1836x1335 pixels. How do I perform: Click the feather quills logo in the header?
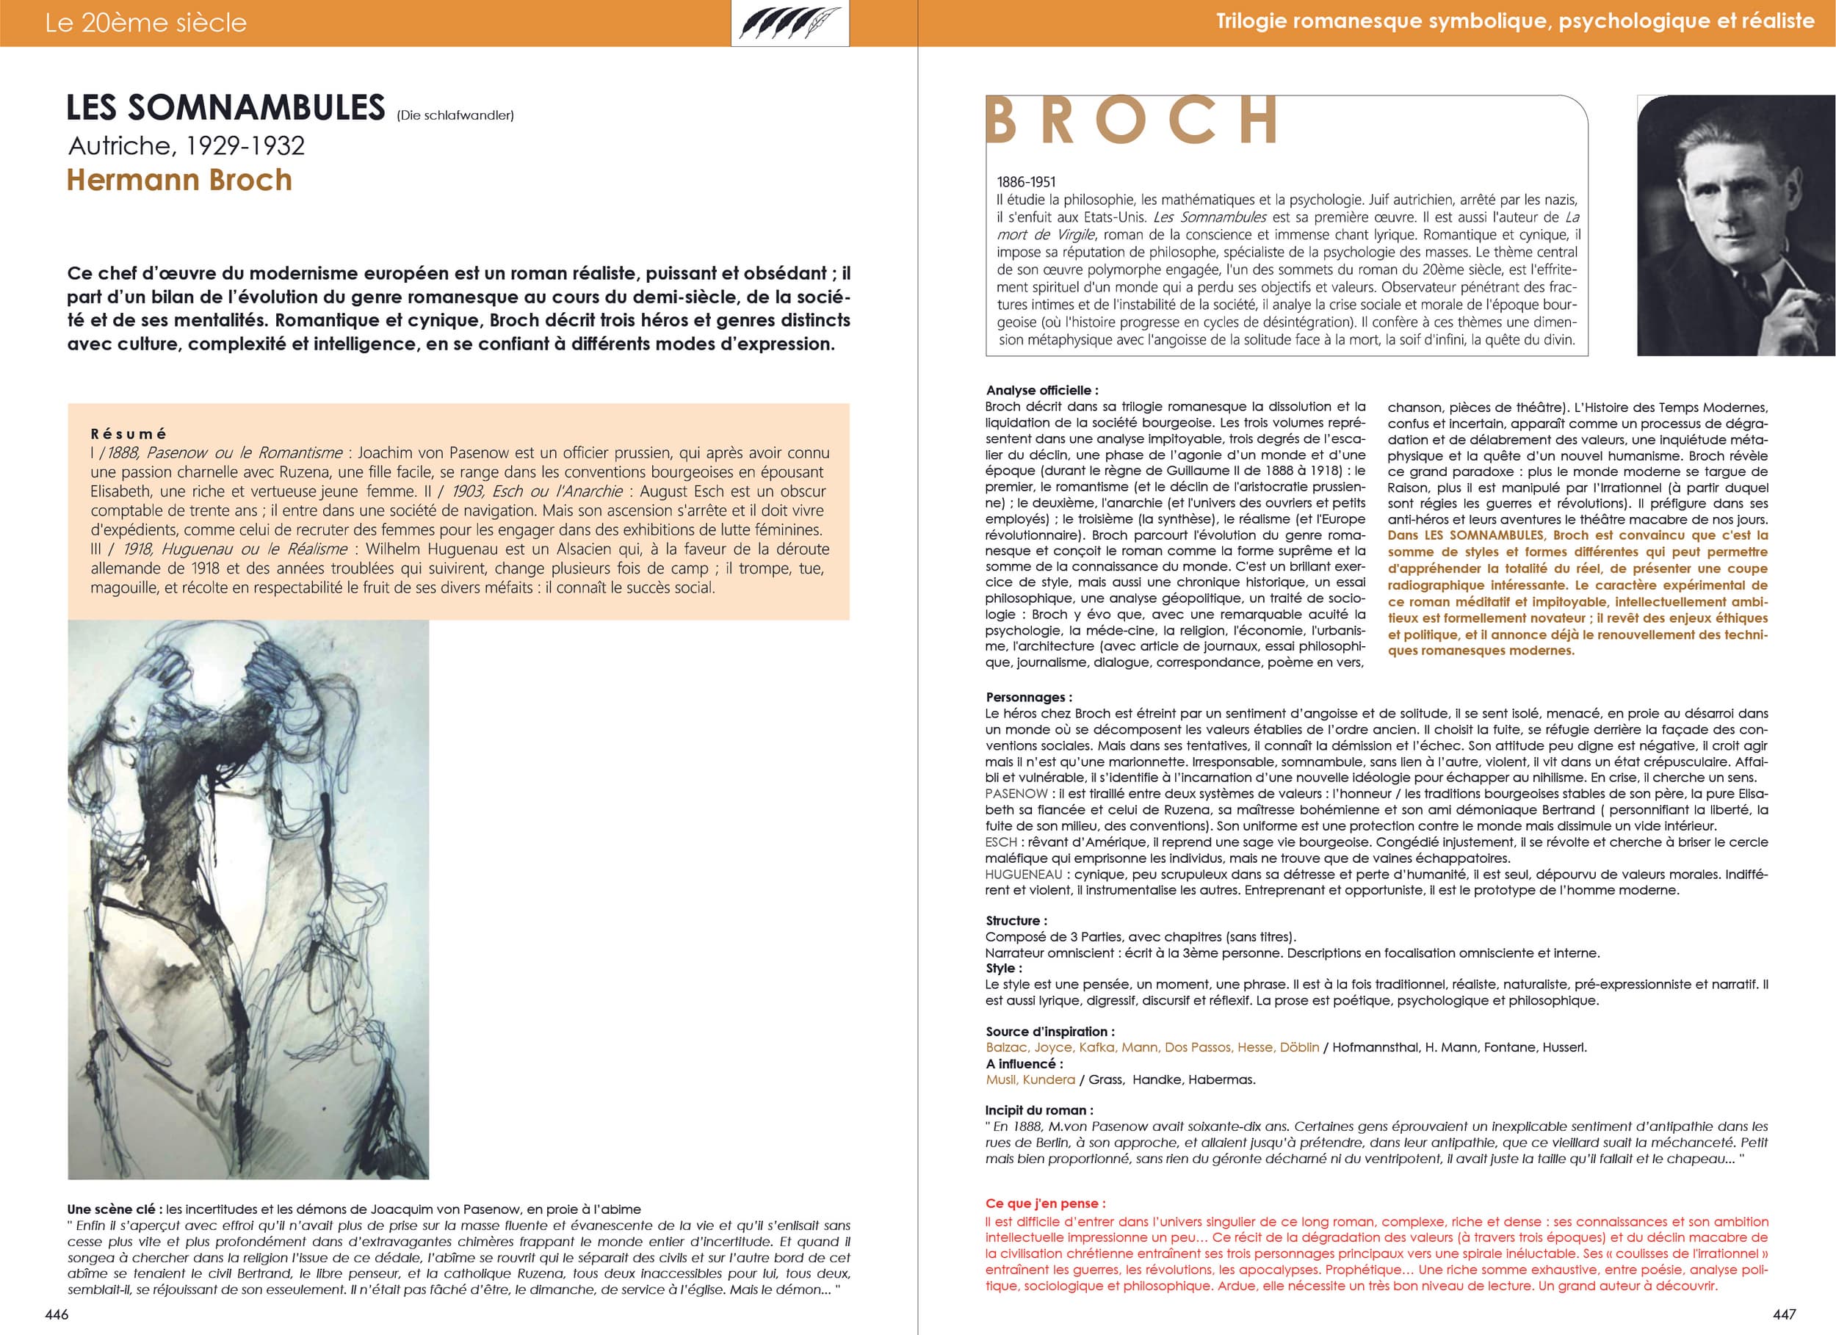[789, 23]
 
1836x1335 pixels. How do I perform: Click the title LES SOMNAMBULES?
[225, 109]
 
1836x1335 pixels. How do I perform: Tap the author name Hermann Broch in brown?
[179, 180]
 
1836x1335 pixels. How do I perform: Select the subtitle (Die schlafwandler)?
[455, 116]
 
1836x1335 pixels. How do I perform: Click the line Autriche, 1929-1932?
[187, 145]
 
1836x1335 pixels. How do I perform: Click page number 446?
[57, 1314]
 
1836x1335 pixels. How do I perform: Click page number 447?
[1783, 1314]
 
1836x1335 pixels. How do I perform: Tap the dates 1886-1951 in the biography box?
[1026, 182]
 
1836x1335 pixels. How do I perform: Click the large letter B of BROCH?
[1002, 120]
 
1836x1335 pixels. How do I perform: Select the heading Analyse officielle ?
[1042, 390]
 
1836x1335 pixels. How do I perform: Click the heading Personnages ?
[1028, 697]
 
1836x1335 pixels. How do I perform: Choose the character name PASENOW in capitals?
[1016, 793]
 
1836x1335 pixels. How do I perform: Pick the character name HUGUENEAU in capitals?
[1023, 875]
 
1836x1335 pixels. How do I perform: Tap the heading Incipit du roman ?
[1038, 1110]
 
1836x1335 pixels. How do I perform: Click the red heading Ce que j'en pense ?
[1045, 1203]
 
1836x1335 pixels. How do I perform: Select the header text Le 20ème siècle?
[145, 23]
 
